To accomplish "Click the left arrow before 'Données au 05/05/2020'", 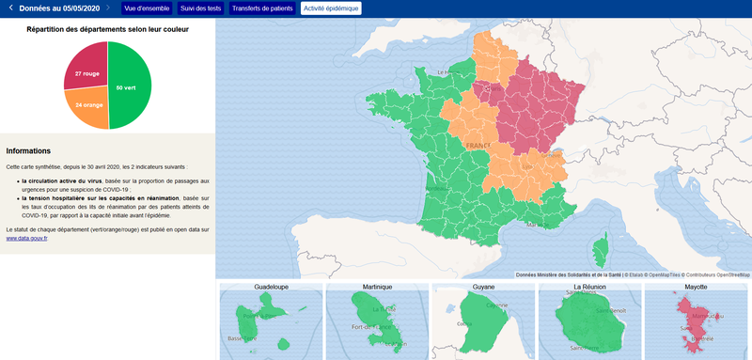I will point(10,8).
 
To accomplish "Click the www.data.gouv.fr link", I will point(26,239).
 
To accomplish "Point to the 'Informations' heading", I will point(28,150).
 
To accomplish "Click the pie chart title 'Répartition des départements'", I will point(107,29).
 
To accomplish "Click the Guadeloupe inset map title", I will point(271,286).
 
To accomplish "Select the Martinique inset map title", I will point(377,286).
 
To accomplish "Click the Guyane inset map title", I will point(483,286).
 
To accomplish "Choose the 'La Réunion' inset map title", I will point(589,286).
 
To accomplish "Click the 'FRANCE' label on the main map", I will point(478,147).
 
